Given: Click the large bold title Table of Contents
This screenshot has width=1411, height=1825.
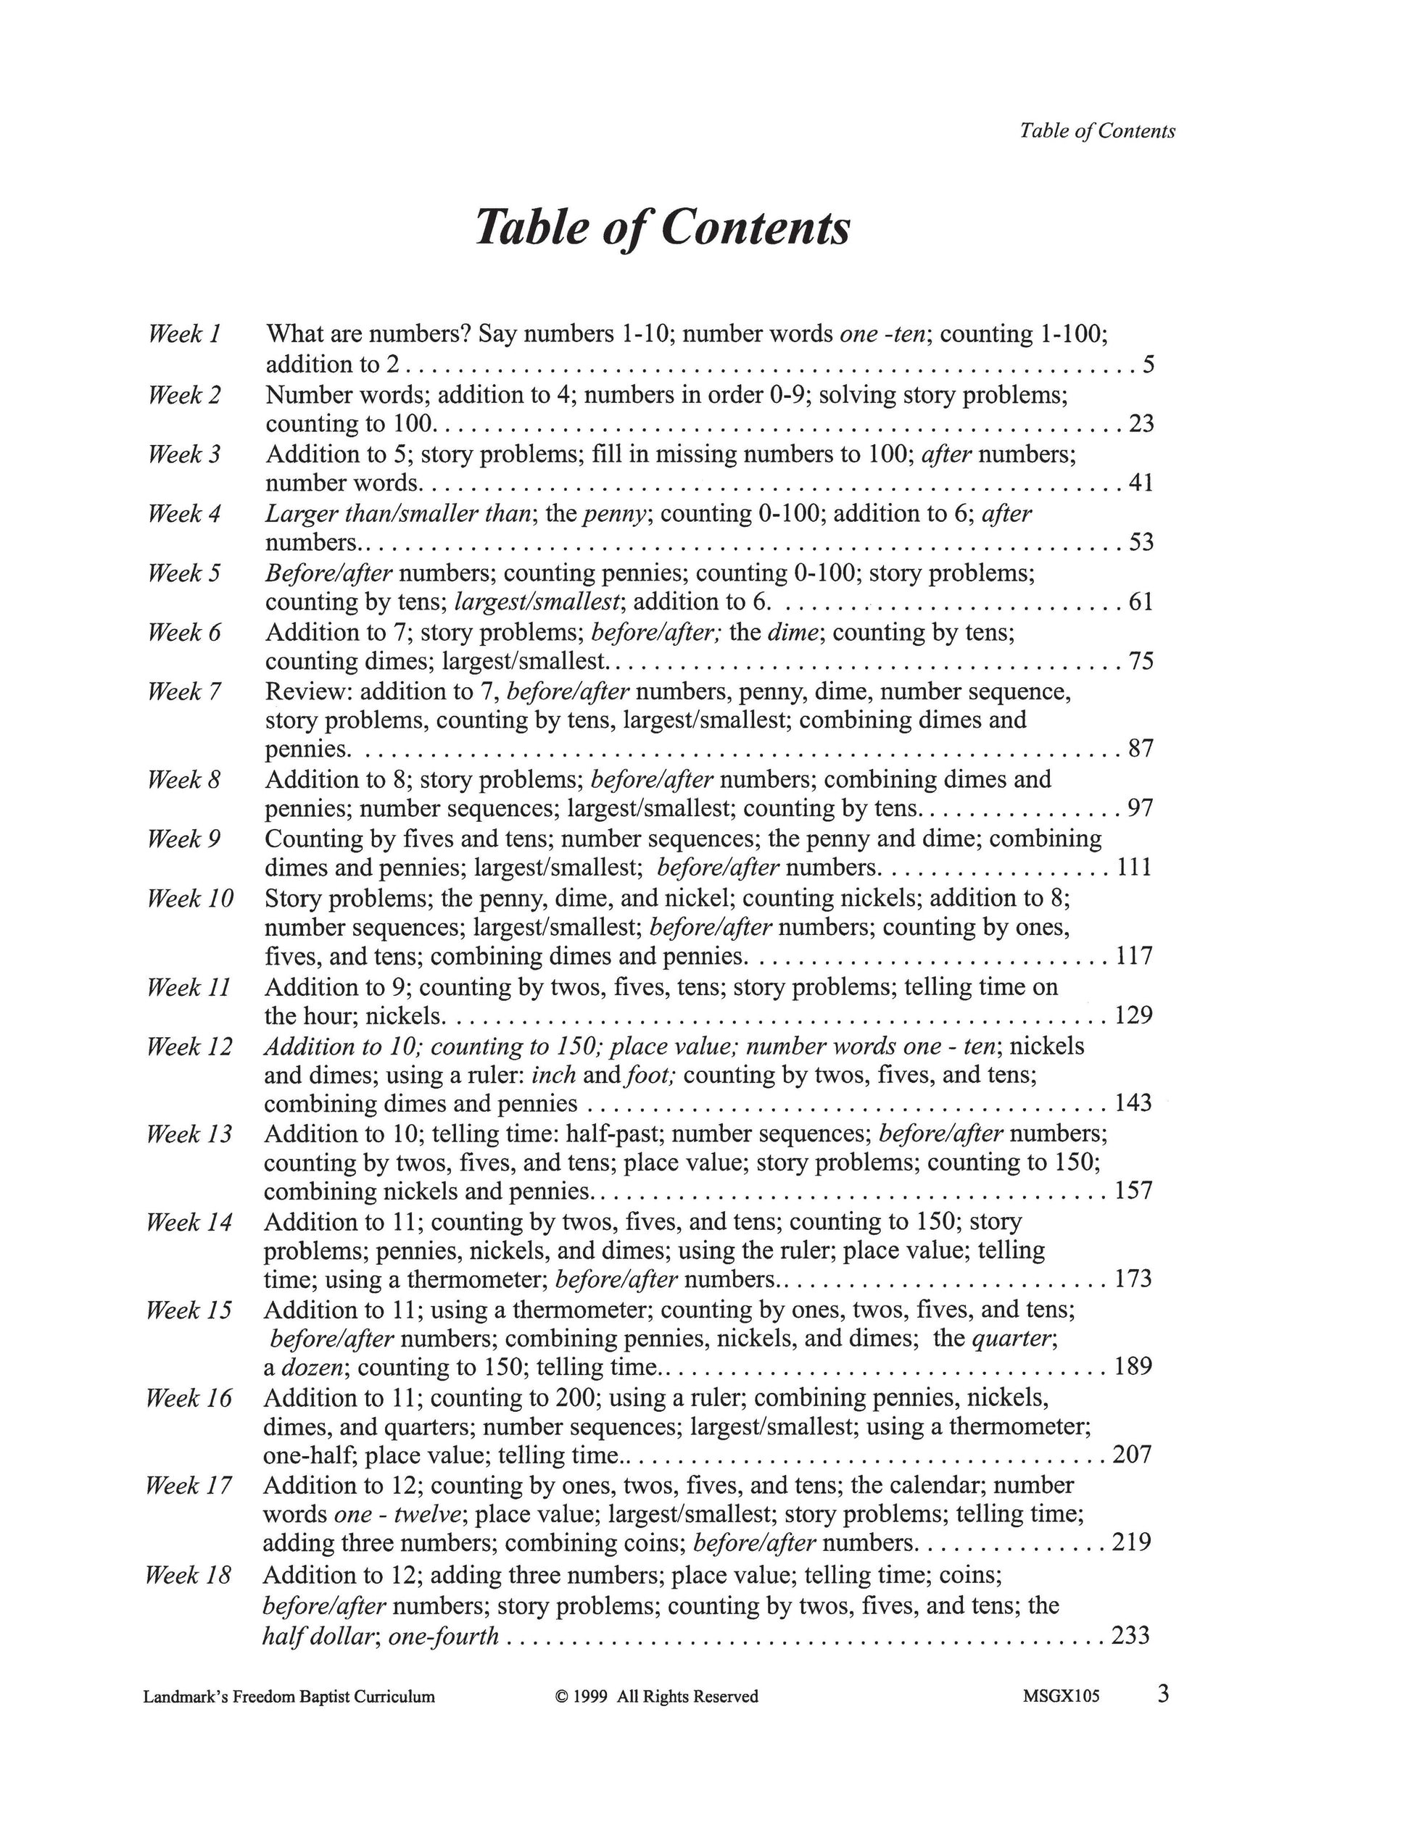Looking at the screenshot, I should pyautogui.click(x=662, y=228).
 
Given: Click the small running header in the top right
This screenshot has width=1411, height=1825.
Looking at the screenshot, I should pyautogui.click(x=1097, y=131).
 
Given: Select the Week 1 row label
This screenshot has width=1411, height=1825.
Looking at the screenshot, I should pyautogui.click(x=184, y=334).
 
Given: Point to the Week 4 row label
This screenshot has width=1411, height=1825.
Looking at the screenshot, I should pyautogui.click(x=184, y=513).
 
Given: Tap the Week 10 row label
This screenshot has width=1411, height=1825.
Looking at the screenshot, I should pyautogui.click(x=190, y=898).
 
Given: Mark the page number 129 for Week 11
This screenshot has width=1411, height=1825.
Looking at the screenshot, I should pyautogui.click(x=1134, y=1015).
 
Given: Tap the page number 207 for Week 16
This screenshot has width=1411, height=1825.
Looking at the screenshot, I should pyautogui.click(x=1133, y=1455).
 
